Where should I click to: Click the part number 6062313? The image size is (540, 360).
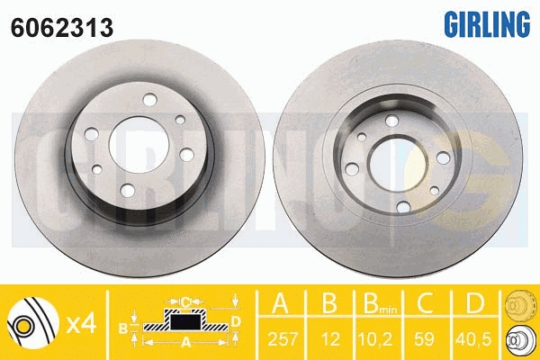[x=62, y=28]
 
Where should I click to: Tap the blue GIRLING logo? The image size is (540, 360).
[x=487, y=23]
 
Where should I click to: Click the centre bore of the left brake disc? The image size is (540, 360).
[x=139, y=145]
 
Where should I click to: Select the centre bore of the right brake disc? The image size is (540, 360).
[x=398, y=164]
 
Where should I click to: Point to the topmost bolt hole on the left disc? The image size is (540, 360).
[x=149, y=100]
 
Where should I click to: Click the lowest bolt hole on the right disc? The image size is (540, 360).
[x=403, y=207]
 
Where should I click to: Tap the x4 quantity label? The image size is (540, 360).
[x=81, y=324]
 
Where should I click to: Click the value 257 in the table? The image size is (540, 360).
[x=283, y=339]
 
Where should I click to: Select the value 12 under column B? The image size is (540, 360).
[x=330, y=339]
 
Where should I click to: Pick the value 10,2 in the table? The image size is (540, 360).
[x=375, y=339]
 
